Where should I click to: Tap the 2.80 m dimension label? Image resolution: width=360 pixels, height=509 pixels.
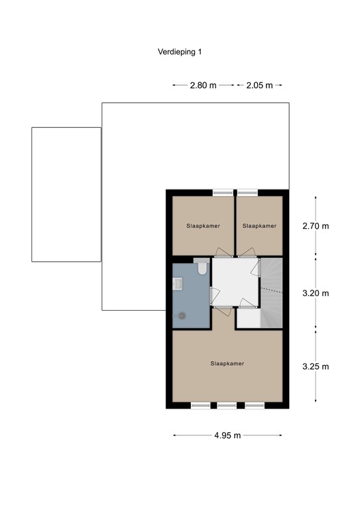click(203, 85)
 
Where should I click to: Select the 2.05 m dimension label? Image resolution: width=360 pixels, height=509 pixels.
click(260, 85)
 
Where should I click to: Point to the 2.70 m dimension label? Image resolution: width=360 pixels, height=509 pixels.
click(316, 226)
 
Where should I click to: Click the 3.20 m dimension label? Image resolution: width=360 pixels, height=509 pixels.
click(316, 293)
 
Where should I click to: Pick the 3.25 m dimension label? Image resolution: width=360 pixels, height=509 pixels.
click(316, 367)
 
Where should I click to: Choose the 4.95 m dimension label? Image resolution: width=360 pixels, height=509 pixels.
click(227, 435)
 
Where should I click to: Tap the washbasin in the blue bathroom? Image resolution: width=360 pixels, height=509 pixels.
click(177, 284)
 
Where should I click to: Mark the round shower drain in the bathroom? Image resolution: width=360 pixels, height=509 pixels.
click(180, 316)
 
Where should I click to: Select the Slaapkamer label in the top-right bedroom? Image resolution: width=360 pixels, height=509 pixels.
click(259, 226)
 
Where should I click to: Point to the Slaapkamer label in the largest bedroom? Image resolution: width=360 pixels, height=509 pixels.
click(227, 363)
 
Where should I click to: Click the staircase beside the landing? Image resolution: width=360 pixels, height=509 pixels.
click(271, 292)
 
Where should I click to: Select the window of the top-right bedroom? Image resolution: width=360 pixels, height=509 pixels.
click(248, 193)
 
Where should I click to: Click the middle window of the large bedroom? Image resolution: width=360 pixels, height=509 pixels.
click(227, 405)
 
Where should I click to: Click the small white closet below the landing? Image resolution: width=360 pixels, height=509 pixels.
click(248, 319)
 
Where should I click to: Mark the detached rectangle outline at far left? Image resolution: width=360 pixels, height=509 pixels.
click(66, 194)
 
